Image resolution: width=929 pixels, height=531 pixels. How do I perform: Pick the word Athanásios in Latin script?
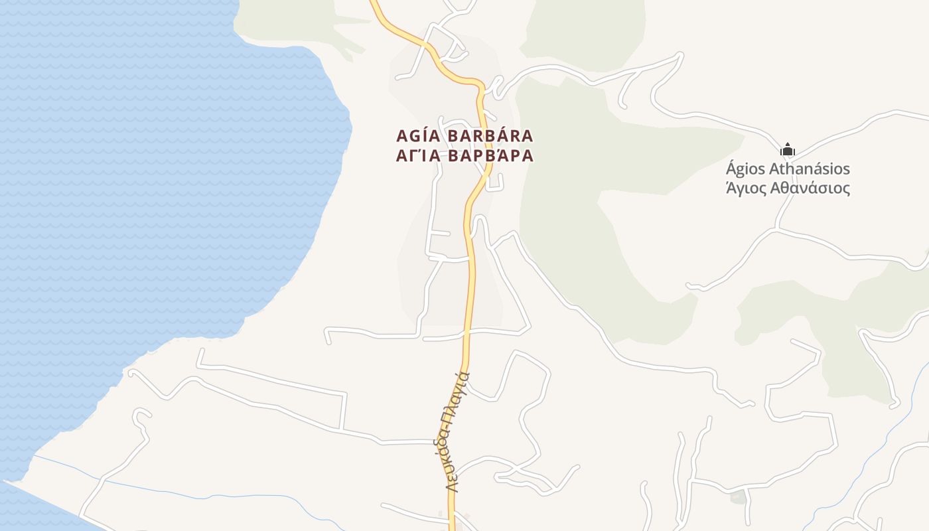[x=813, y=169]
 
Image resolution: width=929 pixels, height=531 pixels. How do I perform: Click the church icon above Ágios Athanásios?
[x=788, y=149]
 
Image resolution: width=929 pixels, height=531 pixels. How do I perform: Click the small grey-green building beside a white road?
[x=737, y=496]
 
